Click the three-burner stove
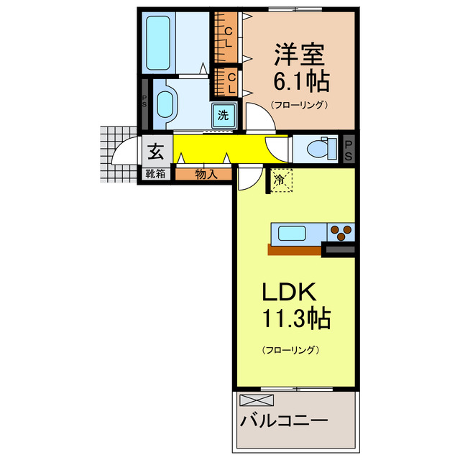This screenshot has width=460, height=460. (x=341, y=233)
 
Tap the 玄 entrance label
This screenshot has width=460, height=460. (x=156, y=151)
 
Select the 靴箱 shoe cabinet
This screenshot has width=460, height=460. (x=156, y=173)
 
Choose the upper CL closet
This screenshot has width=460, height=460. (x=228, y=37)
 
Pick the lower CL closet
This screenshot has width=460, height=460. (x=231, y=83)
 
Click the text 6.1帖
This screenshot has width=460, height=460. (x=300, y=81)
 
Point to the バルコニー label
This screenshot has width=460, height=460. (x=285, y=420)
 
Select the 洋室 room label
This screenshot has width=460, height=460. (x=300, y=54)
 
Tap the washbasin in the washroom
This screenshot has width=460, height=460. (x=165, y=105)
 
